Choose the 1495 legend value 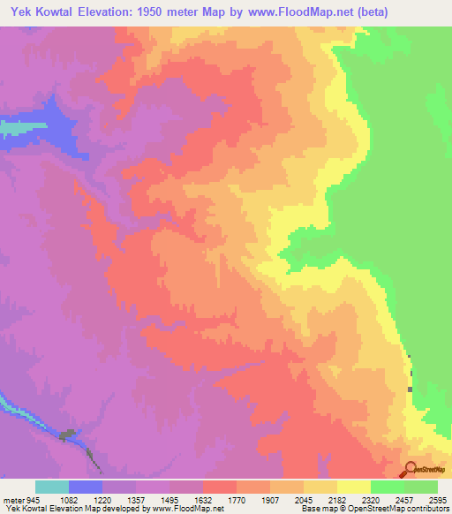coord(182,499)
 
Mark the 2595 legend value coord(436,499)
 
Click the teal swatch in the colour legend coord(52,487)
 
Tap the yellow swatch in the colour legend coord(354,487)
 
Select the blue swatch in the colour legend coord(86,487)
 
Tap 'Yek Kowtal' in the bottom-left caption coord(25,509)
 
